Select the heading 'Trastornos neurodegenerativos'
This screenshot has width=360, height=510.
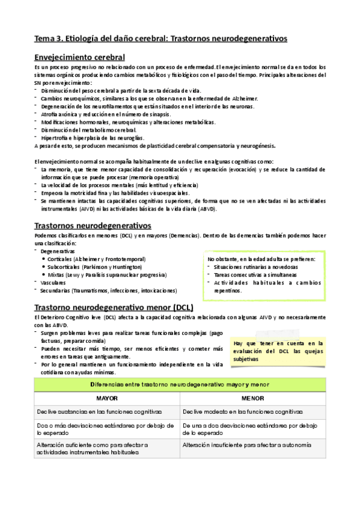coord(93,226)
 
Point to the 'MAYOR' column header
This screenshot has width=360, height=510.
coord(107,398)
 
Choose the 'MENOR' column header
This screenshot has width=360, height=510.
coord(252,398)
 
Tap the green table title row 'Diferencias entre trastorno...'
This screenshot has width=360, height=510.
coord(180,384)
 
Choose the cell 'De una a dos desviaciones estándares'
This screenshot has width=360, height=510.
coord(249,429)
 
